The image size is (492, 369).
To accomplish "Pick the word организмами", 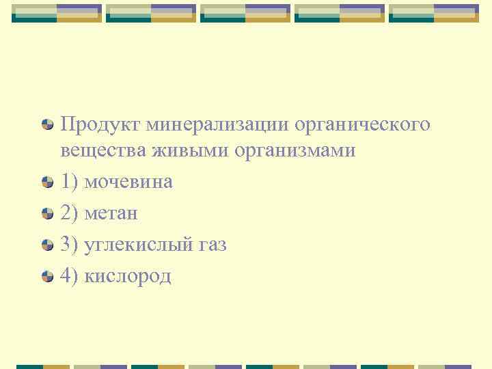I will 295,150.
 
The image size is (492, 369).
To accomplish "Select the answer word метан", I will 110,213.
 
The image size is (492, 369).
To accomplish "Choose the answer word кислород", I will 127,276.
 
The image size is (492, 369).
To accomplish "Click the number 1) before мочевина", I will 69,182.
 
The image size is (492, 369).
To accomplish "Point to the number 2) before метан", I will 69,213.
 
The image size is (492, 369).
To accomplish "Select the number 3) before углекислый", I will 69,245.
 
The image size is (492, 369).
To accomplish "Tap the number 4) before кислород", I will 69,276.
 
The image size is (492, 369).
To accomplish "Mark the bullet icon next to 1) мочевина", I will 48,182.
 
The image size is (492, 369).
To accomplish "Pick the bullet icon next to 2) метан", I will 48,213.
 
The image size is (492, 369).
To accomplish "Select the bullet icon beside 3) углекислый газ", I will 48,245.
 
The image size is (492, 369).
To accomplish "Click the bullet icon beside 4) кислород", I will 48,276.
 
